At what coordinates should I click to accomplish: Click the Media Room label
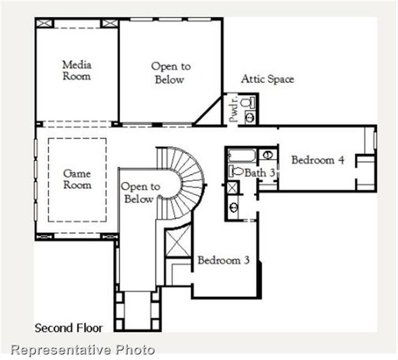click(x=76, y=70)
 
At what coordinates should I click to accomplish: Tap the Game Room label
click(x=77, y=179)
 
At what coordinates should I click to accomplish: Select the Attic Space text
click(x=268, y=79)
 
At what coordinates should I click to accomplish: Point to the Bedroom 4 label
click(x=318, y=160)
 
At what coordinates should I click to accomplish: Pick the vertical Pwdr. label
click(x=234, y=109)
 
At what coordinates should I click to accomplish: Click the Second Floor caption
click(x=68, y=328)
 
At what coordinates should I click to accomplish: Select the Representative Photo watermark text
click(x=83, y=349)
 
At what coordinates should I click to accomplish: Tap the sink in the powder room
click(x=250, y=118)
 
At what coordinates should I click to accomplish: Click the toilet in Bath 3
click(x=236, y=172)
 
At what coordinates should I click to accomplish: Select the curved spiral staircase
click(x=185, y=180)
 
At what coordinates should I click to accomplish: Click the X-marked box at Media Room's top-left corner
click(x=44, y=23)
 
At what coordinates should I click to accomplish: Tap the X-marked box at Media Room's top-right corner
click(x=109, y=23)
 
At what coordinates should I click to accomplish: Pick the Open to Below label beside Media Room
click(x=167, y=73)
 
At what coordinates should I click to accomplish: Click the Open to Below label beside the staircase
click(x=140, y=193)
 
